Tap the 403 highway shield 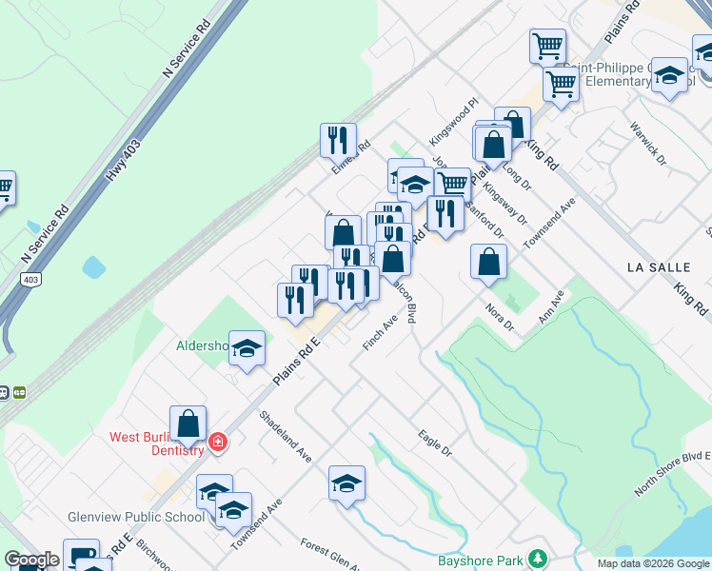point(30,279)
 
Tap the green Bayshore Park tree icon point(538,557)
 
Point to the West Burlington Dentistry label point(157,443)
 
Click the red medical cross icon point(218,442)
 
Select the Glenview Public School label point(136,517)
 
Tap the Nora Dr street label point(500,318)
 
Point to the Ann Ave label point(552,306)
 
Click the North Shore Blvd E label point(674,473)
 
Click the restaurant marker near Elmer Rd point(338,141)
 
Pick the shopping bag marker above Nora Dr point(488,263)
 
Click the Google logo point(32,561)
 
